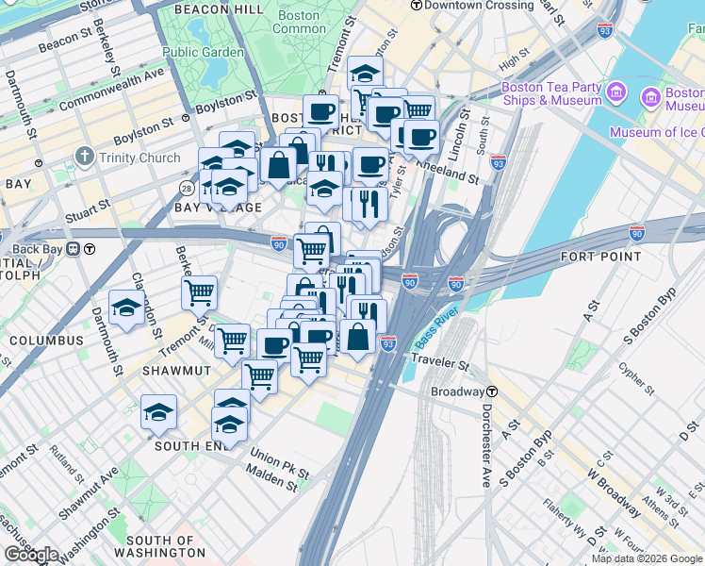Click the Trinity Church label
click(139, 158)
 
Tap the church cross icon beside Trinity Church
click(85, 157)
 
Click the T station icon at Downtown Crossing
click(416, 6)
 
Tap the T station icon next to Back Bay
click(89, 249)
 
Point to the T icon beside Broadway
click(491, 391)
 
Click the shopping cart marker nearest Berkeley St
click(199, 292)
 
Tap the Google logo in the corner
click(31, 554)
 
